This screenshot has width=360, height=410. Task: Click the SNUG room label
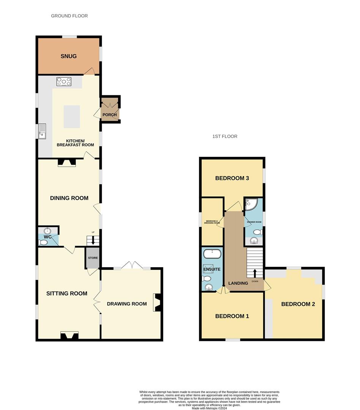click(x=68, y=56)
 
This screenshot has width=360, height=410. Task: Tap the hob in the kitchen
click(x=64, y=82)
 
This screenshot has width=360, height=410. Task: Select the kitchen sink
click(x=42, y=131)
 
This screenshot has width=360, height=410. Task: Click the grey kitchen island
click(x=72, y=117)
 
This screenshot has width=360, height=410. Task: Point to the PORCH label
click(x=110, y=115)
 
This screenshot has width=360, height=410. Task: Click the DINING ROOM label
click(x=69, y=198)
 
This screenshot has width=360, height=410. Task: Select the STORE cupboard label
click(x=93, y=258)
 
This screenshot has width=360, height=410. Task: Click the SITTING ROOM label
click(x=67, y=293)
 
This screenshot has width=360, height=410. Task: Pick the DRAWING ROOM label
click(x=127, y=304)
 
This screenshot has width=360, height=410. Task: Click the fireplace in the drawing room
click(x=157, y=303)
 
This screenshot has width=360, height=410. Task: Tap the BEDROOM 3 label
click(x=232, y=178)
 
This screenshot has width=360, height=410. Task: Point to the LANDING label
click(x=238, y=283)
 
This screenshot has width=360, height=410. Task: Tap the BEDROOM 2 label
click(x=298, y=304)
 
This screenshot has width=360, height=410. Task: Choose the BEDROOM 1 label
click(x=232, y=316)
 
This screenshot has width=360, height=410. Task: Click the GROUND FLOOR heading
click(x=69, y=16)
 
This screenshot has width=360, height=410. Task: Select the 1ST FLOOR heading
click(x=225, y=136)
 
